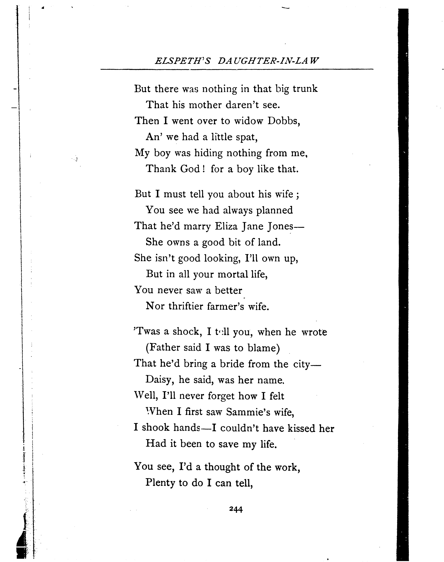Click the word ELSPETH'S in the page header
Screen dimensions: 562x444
182,61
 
